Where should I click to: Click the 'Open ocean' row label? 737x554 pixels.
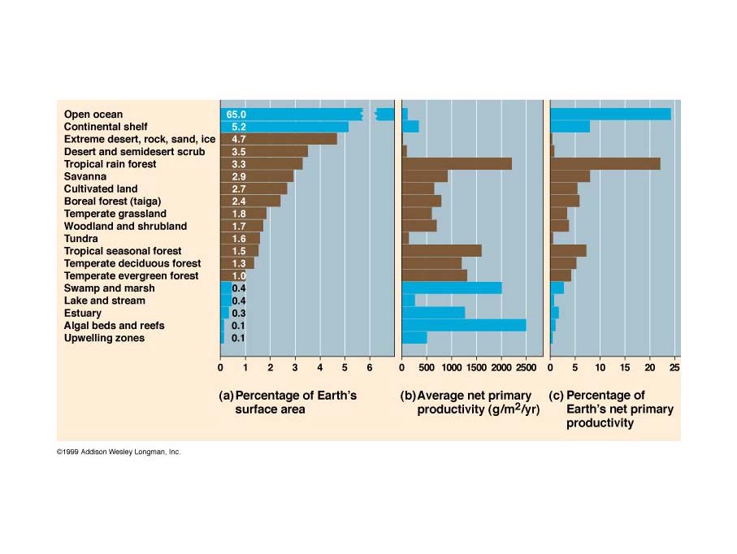(93, 115)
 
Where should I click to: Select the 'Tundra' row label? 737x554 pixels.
(81, 239)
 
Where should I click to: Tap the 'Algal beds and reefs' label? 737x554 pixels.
(114, 326)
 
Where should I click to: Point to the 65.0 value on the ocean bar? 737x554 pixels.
(236, 115)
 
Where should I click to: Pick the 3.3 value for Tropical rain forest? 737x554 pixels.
(238, 164)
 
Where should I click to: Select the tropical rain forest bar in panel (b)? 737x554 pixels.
(457, 164)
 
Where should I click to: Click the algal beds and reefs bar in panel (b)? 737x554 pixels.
(464, 326)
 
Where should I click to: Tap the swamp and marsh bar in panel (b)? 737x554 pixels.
(452, 288)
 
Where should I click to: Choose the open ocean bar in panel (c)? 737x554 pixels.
(610, 115)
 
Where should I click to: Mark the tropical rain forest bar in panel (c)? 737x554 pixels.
(605, 164)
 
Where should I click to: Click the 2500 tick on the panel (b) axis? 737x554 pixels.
(526, 368)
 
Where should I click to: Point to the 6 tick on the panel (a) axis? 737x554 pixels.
(370, 368)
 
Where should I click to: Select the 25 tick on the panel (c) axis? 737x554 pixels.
(674, 368)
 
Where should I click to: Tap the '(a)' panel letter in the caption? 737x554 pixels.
(227, 396)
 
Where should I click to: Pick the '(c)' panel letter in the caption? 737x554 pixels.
(557, 396)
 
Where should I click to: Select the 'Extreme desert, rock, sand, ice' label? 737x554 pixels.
(140, 140)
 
